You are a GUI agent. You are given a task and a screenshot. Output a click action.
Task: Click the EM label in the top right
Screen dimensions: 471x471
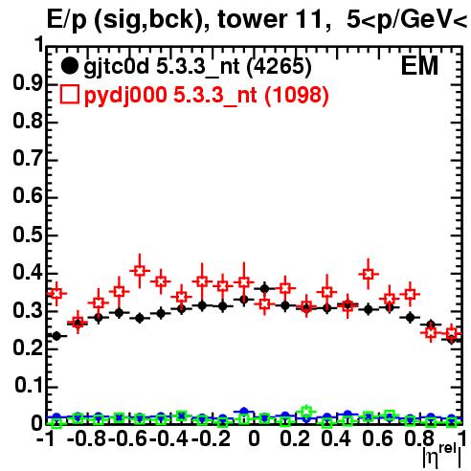pyautogui.click(x=419, y=65)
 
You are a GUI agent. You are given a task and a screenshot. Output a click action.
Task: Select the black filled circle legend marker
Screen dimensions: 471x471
pyautogui.click(x=69, y=66)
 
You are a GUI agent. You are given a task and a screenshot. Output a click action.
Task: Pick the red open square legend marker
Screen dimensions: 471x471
pyautogui.click(x=69, y=95)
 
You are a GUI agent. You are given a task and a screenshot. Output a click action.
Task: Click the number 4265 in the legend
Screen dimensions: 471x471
pyautogui.click(x=280, y=66)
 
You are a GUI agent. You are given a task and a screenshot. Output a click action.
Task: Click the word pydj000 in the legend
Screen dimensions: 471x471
pyautogui.click(x=125, y=96)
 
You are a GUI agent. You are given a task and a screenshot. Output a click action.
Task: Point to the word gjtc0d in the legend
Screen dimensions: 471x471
pyautogui.click(x=117, y=67)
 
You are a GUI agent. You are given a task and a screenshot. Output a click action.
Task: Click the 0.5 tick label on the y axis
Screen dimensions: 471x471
pyautogui.click(x=28, y=235)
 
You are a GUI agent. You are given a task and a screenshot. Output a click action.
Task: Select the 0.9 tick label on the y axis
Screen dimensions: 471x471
pyautogui.click(x=28, y=83)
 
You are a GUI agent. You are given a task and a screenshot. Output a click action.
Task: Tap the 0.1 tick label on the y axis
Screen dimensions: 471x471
pyautogui.click(x=28, y=386)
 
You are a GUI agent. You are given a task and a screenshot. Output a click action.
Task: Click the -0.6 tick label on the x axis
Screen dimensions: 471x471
pyautogui.click(x=128, y=438)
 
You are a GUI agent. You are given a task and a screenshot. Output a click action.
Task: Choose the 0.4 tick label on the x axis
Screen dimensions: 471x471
pyautogui.click(x=336, y=438)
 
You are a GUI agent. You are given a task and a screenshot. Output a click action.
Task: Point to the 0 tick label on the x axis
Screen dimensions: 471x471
pyautogui.click(x=254, y=438)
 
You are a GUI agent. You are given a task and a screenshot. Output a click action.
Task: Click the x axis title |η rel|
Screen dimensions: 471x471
pyautogui.click(x=442, y=457)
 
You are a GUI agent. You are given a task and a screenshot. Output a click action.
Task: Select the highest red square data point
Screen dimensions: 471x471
pyautogui.click(x=140, y=271)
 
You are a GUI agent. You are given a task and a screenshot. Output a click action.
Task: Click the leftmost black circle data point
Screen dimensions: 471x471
pyautogui.click(x=56, y=336)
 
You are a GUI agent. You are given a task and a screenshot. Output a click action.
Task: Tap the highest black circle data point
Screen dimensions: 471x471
pyautogui.click(x=264, y=289)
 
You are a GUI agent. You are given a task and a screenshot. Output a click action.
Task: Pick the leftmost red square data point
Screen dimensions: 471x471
pyautogui.click(x=56, y=293)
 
